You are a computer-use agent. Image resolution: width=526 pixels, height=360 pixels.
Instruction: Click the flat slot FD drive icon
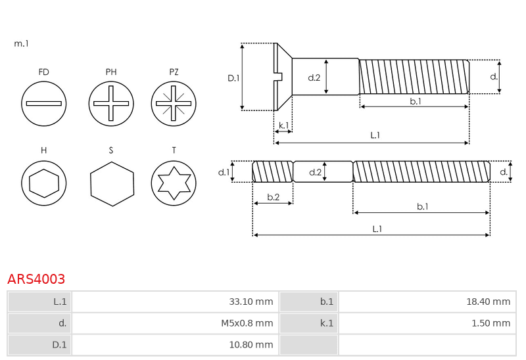pos(43,104)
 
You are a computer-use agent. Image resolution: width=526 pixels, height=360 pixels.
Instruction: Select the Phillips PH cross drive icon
pos(111,104)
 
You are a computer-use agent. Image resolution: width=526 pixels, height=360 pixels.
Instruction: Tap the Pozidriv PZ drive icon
pos(174,104)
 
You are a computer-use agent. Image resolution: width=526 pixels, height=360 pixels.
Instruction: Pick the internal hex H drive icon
pos(43,183)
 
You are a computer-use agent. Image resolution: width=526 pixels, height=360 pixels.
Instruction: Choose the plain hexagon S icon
pos(112,184)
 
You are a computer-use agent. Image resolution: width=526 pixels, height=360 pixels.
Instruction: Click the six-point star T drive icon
pos(174,183)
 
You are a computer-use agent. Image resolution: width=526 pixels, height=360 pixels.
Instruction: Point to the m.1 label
pos(21,43)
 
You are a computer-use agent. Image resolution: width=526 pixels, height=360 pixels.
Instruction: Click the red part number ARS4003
pos(36,279)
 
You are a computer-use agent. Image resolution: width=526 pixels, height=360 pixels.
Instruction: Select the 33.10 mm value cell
pos(175,302)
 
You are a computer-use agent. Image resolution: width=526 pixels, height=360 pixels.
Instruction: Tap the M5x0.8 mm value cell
pos(175,323)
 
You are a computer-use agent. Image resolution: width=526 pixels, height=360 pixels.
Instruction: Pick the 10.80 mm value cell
pos(175,345)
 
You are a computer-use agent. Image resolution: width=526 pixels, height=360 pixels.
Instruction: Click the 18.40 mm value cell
pos(427,302)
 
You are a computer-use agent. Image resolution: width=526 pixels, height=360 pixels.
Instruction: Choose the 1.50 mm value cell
pos(427,323)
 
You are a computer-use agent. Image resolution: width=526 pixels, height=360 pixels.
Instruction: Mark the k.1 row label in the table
pos(308,323)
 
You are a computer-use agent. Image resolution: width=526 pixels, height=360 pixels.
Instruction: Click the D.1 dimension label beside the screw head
pos(233,78)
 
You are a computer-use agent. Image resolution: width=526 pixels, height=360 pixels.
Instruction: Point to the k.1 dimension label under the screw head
pos(283,125)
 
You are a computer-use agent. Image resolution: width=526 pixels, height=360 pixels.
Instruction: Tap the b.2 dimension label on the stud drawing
pos(273,197)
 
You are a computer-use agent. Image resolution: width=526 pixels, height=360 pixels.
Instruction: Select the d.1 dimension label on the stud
pos(224,172)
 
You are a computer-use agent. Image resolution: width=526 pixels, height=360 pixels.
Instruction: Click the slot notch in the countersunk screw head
pos(279,77)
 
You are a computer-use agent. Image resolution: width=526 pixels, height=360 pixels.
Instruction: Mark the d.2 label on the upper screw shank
pos(314,78)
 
